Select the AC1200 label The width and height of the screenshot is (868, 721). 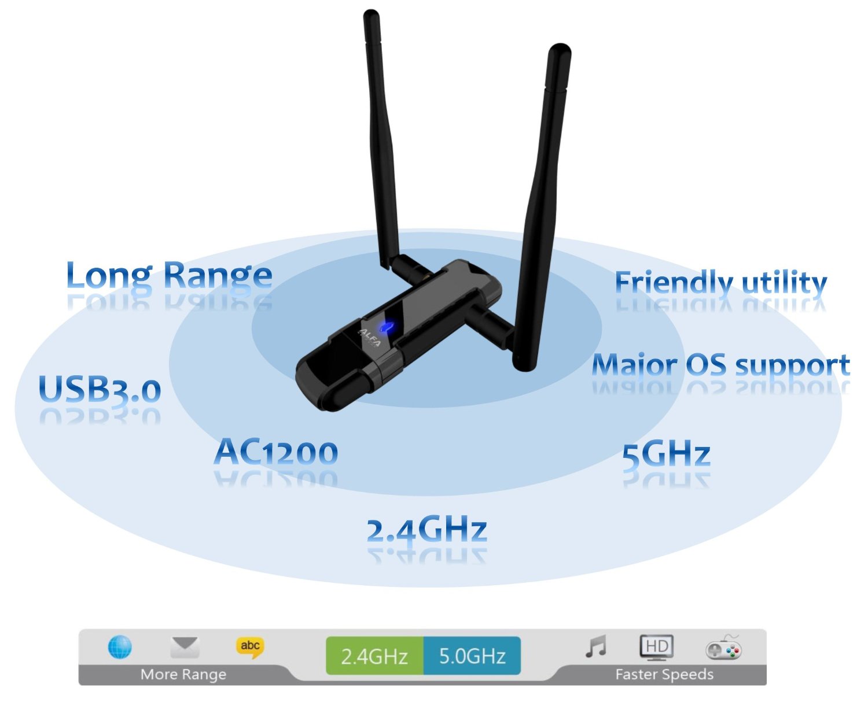click(x=276, y=452)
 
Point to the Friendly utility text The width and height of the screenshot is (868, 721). click(x=720, y=283)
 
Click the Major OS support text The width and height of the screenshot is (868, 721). click(x=720, y=365)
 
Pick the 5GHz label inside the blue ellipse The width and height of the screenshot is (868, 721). click(x=666, y=454)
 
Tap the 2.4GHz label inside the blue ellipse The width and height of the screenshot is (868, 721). click(x=426, y=530)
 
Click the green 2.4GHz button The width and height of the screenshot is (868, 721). click(x=374, y=656)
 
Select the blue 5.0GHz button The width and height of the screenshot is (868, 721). click(x=472, y=656)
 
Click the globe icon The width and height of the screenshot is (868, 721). click(x=120, y=647)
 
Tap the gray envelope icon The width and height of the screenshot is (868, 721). click(x=185, y=647)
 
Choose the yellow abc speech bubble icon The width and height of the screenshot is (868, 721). click(x=250, y=647)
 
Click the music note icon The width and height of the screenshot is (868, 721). click(x=596, y=647)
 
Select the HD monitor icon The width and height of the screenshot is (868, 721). click(x=657, y=648)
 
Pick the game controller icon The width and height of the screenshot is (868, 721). click(x=723, y=649)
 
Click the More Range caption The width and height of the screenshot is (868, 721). click(x=183, y=674)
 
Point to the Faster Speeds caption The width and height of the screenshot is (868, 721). click(x=664, y=674)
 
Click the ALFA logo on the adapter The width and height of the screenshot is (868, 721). click(x=370, y=338)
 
